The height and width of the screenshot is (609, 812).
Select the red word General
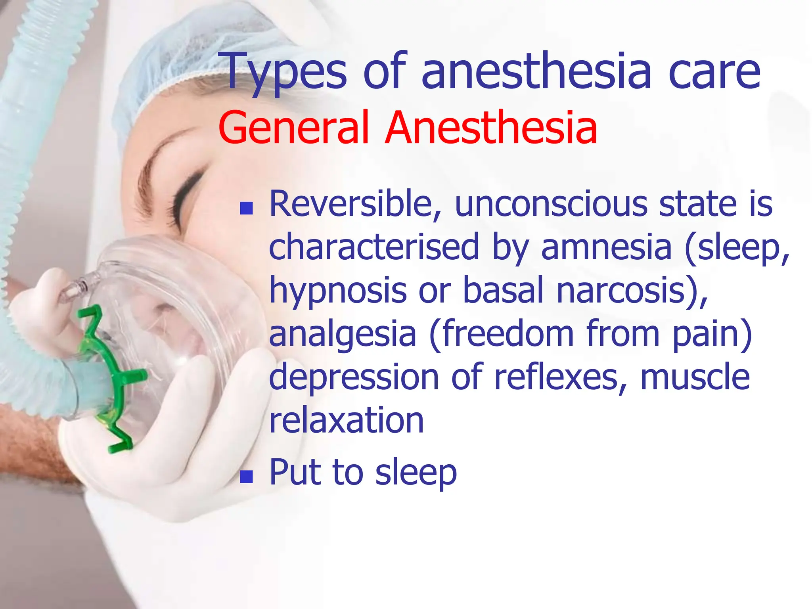(293, 128)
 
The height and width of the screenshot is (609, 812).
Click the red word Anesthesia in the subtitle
(491, 128)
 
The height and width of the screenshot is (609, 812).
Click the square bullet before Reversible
(246, 208)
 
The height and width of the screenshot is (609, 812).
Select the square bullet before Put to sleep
(246, 477)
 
